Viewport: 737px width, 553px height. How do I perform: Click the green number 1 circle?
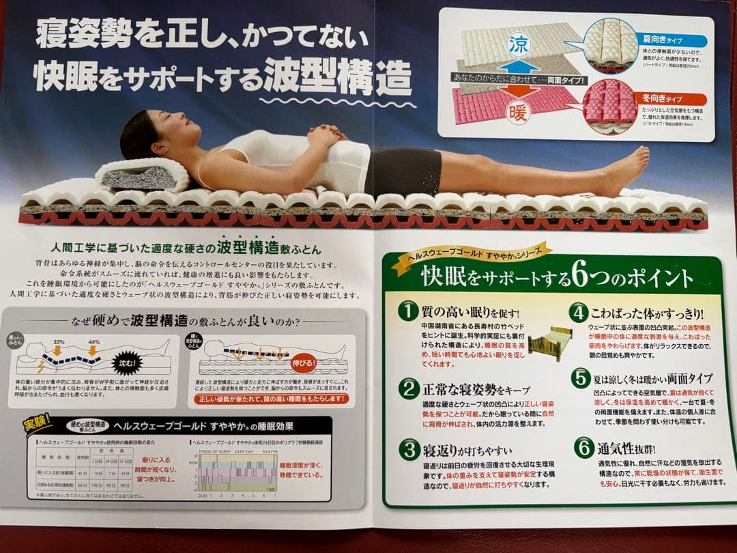tap(408, 311)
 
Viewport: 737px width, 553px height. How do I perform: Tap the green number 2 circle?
tap(408, 388)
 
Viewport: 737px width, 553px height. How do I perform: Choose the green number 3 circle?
tap(408, 450)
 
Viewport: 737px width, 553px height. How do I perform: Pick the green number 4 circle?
tap(579, 313)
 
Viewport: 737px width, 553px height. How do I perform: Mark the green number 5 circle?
tap(581, 378)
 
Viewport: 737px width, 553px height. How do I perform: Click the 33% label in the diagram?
tap(59, 342)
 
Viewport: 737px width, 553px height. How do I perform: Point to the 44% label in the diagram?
tap(93, 342)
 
